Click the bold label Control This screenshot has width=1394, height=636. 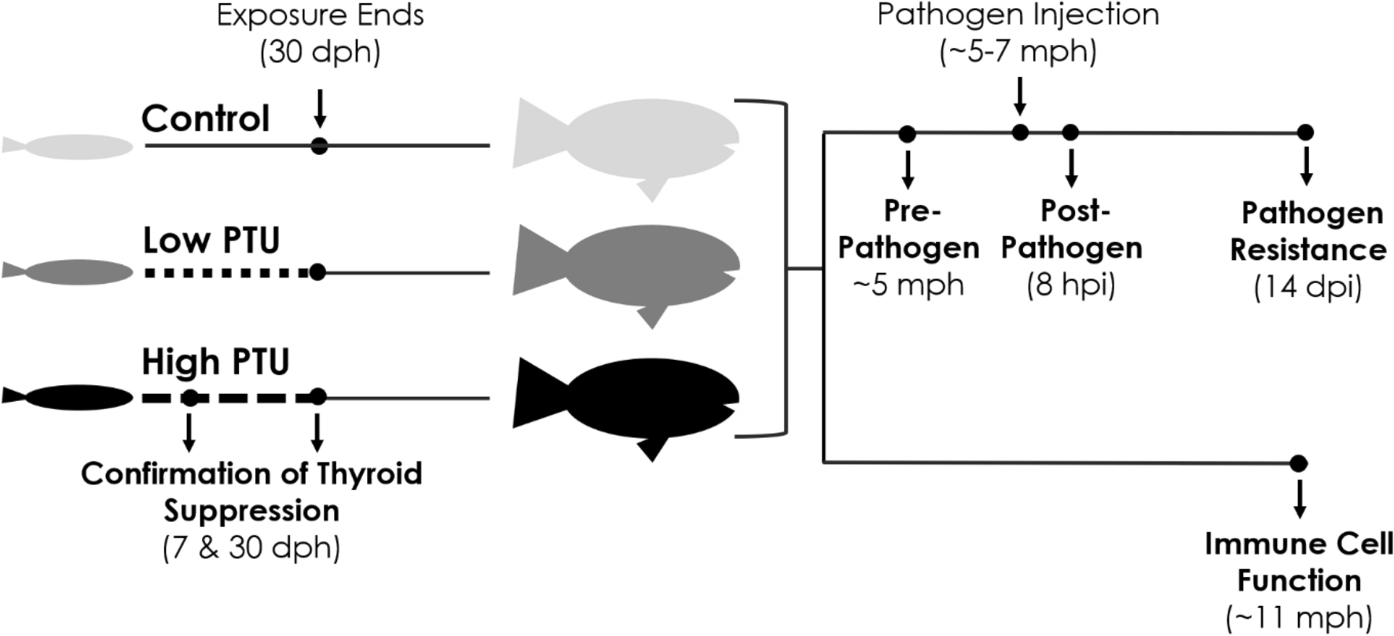(205, 119)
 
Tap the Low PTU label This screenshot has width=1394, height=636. (211, 241)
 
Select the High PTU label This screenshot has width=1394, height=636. (215, 362)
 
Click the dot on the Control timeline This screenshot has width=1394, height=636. (319, 146)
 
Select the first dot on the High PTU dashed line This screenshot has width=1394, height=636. (189, 399)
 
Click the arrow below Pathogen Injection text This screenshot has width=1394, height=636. (1019, 96)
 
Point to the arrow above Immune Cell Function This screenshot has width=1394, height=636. (1299, 498)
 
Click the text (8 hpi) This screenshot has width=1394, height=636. (1070, 284)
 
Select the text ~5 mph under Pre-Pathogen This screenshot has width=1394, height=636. (908, 284)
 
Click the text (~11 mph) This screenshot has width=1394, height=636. (1299, 617)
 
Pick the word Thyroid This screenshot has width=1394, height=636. (369, 474)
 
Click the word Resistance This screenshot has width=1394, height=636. (1308, 250)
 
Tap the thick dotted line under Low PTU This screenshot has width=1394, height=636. (228, 273)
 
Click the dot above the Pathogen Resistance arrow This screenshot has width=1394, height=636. (1305, 133)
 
